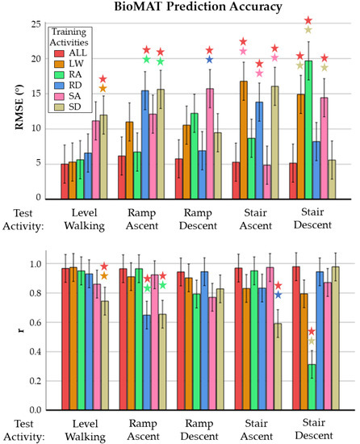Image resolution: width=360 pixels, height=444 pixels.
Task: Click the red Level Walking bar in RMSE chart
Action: click(65, 180)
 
